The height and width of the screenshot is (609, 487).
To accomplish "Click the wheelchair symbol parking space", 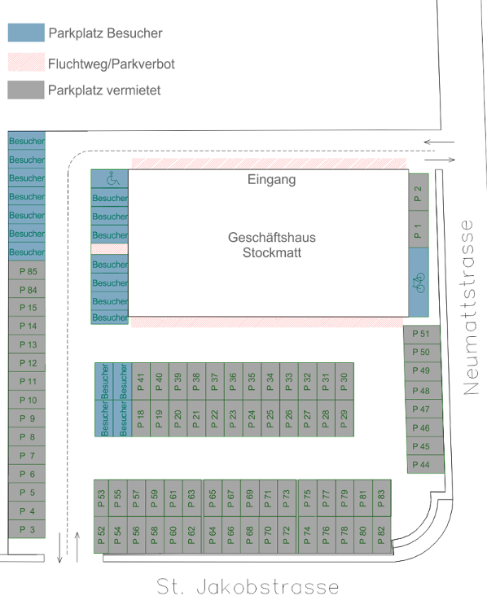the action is pyautogui.click(x=109, y=178).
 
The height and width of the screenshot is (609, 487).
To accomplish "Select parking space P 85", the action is pyautogui.click(x=27, y=270).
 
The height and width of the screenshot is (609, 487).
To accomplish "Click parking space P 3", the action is pyautogui.click(x=27, y=529).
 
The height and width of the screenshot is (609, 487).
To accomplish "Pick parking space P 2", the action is pyautogui.click(x=419, y=193).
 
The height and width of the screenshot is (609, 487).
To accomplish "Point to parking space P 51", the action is pyautogui.click(x=421, y=334).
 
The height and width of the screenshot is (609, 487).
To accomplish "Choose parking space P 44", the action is pyautogui.click(x=425, y=465).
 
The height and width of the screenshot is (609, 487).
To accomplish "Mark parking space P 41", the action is pyautogui.click(x=141, y=381).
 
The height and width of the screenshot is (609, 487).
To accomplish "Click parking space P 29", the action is pyautogui.click(x=344, y=418).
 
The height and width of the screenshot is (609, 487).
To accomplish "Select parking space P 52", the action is pyautogui.click(x=101, y=535).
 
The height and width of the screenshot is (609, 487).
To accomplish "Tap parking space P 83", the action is pyautogui.click(x=382, y=498).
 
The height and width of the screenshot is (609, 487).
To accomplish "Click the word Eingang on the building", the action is pyautogui.click(x=272, y=180).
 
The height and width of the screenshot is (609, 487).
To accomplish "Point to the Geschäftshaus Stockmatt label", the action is pyautogui.click(x=272, y=245).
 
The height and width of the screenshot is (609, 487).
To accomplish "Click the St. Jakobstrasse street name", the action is pyautogui.click(x=248, y=586).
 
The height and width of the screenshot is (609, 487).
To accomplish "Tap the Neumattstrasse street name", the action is pyautogui.click(x=469, y=308).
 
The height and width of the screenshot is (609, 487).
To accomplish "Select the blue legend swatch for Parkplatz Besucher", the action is pyautogui.click(x=26, y=33).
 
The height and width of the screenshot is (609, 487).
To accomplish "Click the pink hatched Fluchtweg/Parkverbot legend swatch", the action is pyautogui.click(x=26, y=62).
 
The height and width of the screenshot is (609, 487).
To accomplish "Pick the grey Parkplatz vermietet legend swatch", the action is pyautogui.click(x=26, y=90).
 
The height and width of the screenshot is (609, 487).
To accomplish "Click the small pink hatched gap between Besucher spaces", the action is pyautogui.click(x=109, y=249).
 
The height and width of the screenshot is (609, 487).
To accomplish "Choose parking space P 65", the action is pyautogui.click(x=213, y=498).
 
